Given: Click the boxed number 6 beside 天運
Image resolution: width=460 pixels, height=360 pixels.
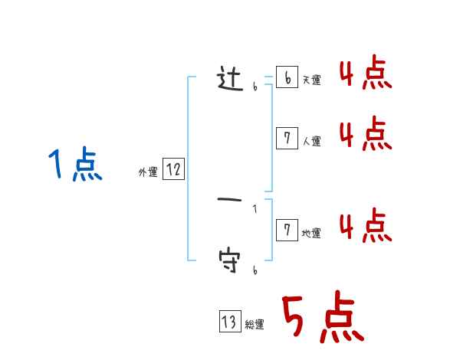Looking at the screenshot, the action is pos(287,78).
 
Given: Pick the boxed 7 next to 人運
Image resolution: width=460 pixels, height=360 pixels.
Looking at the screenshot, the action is pos(287,138).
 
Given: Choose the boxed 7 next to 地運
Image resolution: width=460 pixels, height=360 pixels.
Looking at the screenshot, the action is pos(287,231).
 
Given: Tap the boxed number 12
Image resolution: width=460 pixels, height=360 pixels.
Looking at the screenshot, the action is pos(173,170).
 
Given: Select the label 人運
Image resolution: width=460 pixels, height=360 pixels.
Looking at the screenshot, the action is pos(311,141).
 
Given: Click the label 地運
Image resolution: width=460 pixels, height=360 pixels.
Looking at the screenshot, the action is pos(311,234).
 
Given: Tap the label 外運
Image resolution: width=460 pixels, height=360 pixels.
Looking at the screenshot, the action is pos(148,173).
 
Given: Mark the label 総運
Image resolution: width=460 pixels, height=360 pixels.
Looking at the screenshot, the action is pos(255,326).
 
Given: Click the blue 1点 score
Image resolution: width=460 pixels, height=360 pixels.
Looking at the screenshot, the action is pos(75,165).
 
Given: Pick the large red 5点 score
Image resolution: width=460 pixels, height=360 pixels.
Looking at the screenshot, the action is pos(323,318).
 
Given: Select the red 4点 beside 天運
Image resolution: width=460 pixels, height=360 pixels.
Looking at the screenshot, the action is pos(365,75).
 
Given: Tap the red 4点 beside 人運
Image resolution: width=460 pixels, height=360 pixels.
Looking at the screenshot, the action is pos(365,135).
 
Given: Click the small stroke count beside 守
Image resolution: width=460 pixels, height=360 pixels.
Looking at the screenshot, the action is pos(255,270).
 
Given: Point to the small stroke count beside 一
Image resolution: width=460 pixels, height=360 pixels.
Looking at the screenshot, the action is pos(255,208).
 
